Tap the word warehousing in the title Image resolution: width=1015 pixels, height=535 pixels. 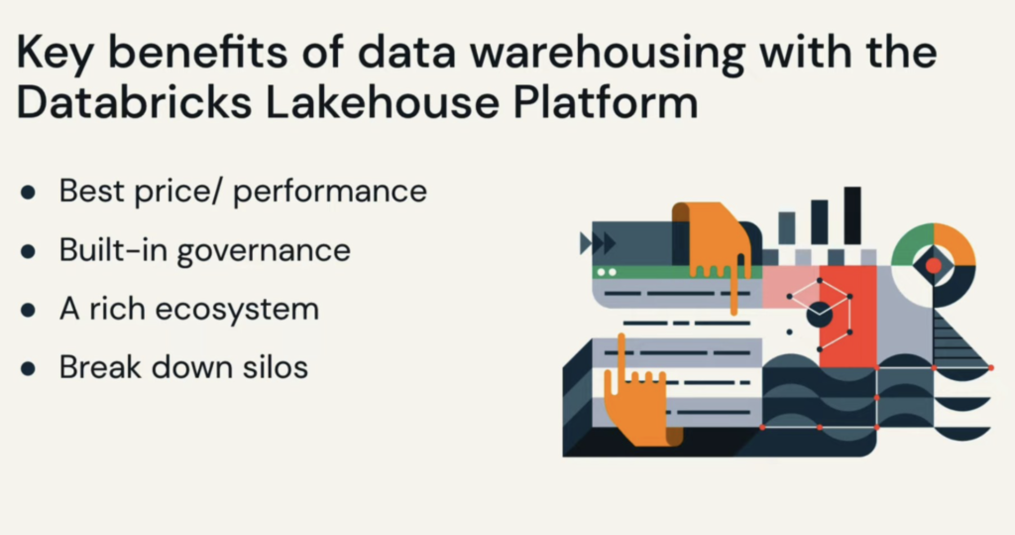(607, 53)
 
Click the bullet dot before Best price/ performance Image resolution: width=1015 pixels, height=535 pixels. (28, 192)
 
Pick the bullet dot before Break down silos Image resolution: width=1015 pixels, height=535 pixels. (28, 369)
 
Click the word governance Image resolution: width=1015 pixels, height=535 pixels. (264, 251)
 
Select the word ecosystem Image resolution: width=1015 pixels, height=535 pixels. (237, 309)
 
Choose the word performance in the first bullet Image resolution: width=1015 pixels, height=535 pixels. (330, 192)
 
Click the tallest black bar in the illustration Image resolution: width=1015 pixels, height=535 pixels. (852, 215)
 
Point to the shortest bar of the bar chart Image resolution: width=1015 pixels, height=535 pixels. (787, 228)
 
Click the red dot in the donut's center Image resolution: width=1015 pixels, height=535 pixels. (934, 266)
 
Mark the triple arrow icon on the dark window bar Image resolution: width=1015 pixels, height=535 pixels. (598, 244)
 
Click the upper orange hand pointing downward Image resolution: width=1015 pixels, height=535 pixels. (714, 238)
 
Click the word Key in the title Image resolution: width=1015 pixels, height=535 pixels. (54, 53)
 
